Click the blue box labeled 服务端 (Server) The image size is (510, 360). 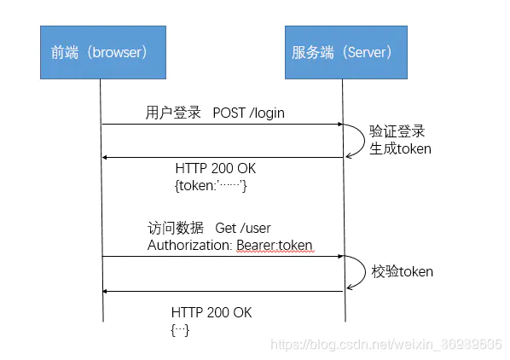(x=342, y=52)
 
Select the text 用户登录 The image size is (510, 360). (x=173, y=113)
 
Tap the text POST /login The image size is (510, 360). (x=249, y=113)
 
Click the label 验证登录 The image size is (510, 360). (x=397, y=131)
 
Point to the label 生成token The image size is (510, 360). (x=400, y=148)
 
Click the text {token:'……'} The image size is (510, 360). (x=210, y=185)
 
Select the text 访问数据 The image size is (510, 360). (x=176, y=228)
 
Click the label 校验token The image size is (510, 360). (x=402, y=271)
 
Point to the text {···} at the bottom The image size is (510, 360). (x=180, y=330)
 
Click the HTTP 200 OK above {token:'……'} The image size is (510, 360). (x=215, y=169)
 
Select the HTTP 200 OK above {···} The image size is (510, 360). (x=211, y=313)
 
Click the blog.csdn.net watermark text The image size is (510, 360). (x=385, y=344)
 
